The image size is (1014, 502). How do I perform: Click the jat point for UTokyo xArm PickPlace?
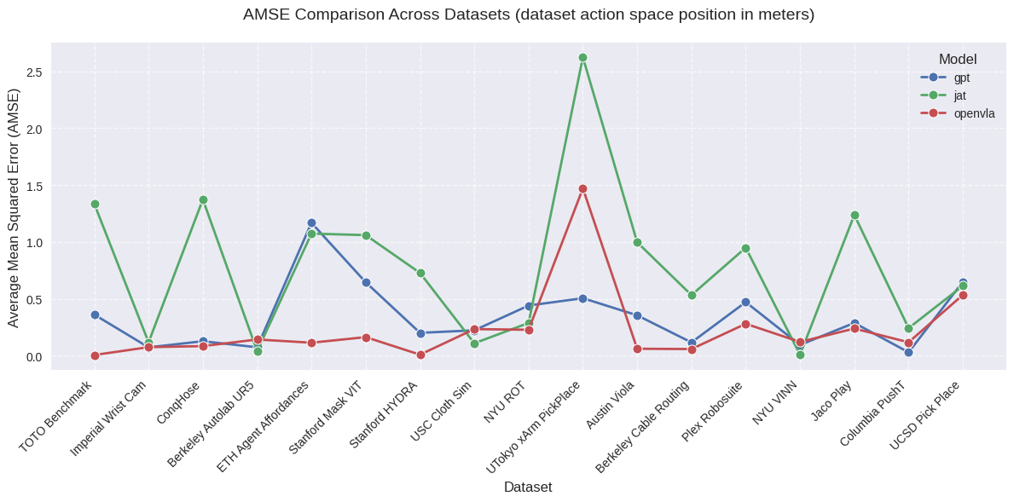582,58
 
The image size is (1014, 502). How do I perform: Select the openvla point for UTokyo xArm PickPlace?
582,189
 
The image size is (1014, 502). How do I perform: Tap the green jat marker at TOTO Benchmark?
95,205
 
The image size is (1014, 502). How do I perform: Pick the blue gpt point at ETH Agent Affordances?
311,223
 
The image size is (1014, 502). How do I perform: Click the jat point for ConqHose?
203,200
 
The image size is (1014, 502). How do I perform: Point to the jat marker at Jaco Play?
855,216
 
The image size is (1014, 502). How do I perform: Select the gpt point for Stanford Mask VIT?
366,283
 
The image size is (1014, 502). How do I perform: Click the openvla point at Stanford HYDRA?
420,355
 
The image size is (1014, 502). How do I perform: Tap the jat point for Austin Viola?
637,243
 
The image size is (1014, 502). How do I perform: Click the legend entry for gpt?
961,78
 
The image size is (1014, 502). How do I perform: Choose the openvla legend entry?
974,113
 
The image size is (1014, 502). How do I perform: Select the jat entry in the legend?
959,95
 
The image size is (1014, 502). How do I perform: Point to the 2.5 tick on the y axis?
34,72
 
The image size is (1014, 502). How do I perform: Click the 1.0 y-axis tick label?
34,243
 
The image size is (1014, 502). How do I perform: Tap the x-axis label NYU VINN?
774,403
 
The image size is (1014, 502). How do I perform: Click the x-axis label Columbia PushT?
872,413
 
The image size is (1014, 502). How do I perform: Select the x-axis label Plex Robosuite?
713,412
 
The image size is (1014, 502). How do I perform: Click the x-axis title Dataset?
528,488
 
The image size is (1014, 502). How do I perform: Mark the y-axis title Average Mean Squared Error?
14,207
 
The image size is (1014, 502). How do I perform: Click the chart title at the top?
529,14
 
